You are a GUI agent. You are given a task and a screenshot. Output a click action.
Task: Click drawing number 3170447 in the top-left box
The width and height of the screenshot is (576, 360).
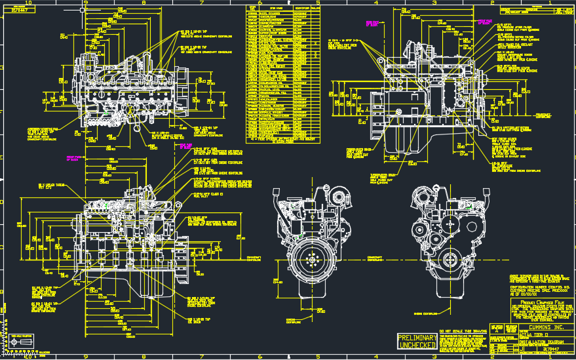pos(19,11)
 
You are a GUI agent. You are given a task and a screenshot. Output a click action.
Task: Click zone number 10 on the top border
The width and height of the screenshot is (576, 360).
pos(28,3)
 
